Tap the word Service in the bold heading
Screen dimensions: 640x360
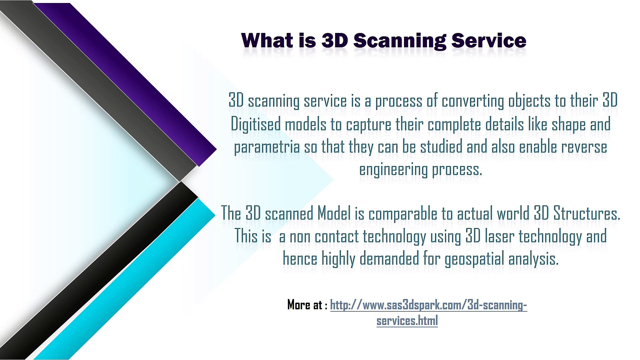click(489, 41)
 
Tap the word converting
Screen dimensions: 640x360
click(473, 101)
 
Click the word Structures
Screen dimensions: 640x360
click(587, 213)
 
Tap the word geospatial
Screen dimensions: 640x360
click(474, 259)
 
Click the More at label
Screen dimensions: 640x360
click(307, 305)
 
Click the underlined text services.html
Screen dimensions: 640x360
click(407, 321)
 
